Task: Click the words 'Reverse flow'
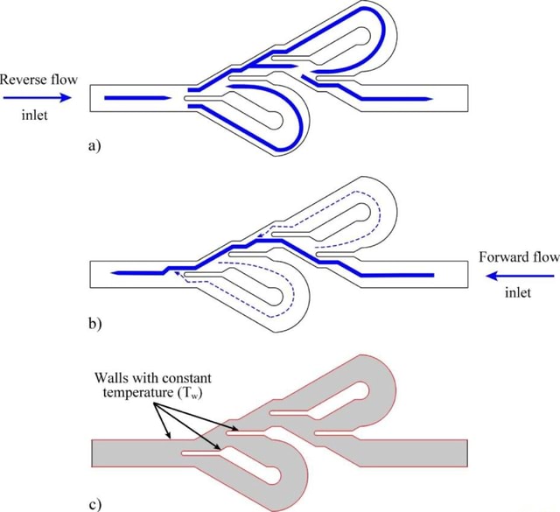coord(39,80)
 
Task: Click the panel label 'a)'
coord(95,146)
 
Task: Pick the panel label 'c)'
coord(95,502)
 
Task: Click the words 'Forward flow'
coord(518,257)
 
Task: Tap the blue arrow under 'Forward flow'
coord(521,275)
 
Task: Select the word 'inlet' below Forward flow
coord(518,293)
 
